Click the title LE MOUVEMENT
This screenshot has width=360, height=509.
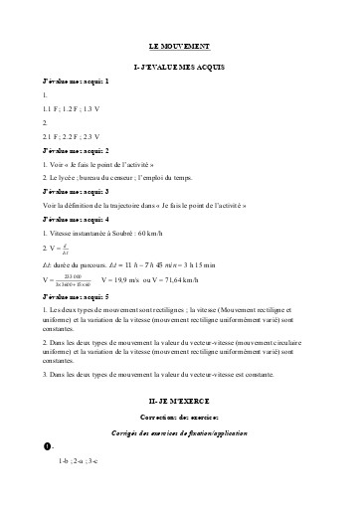(x=179, y=47)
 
